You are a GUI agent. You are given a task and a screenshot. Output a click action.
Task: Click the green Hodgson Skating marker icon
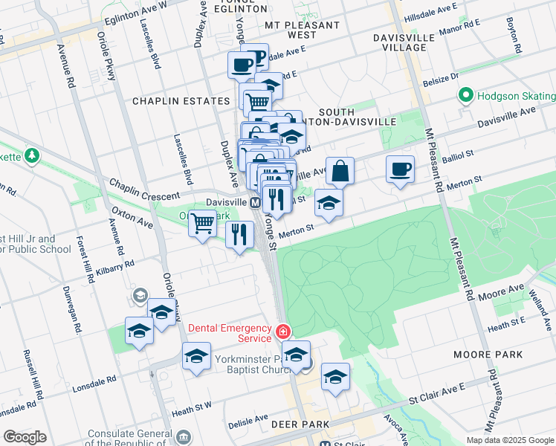(x=466, y=96)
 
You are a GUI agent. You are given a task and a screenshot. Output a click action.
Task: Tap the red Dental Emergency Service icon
(x=282, y=332)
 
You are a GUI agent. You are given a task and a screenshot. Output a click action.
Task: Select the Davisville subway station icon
(x=255, y=202)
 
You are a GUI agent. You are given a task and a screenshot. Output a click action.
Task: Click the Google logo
(x=25, y=437)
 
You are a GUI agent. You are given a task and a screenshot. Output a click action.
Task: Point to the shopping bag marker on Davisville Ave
(x=340, y=170)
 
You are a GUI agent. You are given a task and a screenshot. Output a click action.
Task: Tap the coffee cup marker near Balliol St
(x=400, y=169)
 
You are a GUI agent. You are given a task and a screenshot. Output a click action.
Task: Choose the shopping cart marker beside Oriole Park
(x=202, y=222)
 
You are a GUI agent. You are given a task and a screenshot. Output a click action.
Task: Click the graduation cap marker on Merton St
(x=329, y=201)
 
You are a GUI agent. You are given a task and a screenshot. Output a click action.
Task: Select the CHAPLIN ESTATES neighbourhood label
(x=181, y=101)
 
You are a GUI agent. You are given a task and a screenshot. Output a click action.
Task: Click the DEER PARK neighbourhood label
(x=294, y=424)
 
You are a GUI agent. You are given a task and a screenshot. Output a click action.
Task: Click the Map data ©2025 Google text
(x=510, y=440)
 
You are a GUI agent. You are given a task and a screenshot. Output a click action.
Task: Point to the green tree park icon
(x=31, y=155)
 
